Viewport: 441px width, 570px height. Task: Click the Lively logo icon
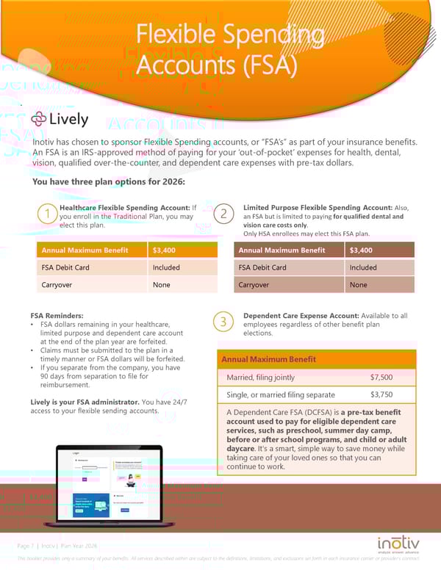pyautogui.click(x=40, y=119)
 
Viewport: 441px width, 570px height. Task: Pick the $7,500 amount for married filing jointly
pyautogui.click(x=381, y=378)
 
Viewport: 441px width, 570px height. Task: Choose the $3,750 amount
pyautogui.click(x=381, y=395)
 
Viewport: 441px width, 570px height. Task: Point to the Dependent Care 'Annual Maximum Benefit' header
pyautogui.click(x=269, y=359)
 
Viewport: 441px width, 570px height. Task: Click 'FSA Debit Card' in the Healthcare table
pyautogui.click(x=65, y=267)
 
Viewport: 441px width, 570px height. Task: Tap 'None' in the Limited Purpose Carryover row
pyautogui.click(x=358, y=285)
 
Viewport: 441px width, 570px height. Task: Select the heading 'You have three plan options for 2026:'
pyautogui.click(x=109, y=182)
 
